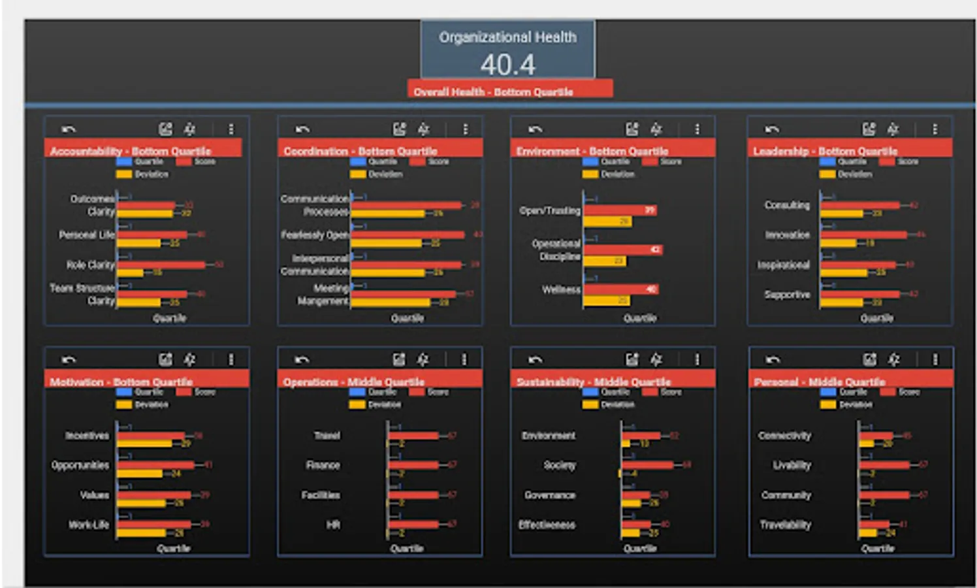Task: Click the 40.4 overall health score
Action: [507, 65]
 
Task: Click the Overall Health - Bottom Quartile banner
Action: [509, 91]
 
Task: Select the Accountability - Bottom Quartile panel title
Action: [131, 151]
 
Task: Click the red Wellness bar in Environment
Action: [620, 289]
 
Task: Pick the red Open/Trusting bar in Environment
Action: [619, 210]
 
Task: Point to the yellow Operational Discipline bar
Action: [604, 261]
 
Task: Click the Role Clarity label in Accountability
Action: [90, 265]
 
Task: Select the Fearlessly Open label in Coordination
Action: [315, 235]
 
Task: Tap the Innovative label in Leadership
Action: [787, 235]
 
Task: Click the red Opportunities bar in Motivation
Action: [155, 465]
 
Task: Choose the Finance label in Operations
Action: [323, 465]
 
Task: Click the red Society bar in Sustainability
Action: [647, 465]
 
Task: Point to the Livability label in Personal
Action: [792, 465]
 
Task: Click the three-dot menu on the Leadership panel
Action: [935, 129]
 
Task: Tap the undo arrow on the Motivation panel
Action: [69, 359]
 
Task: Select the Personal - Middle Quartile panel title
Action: [819, 382]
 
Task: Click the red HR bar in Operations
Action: [413, 524]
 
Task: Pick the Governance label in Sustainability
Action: [550, 495]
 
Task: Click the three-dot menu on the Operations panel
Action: [464, 359]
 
